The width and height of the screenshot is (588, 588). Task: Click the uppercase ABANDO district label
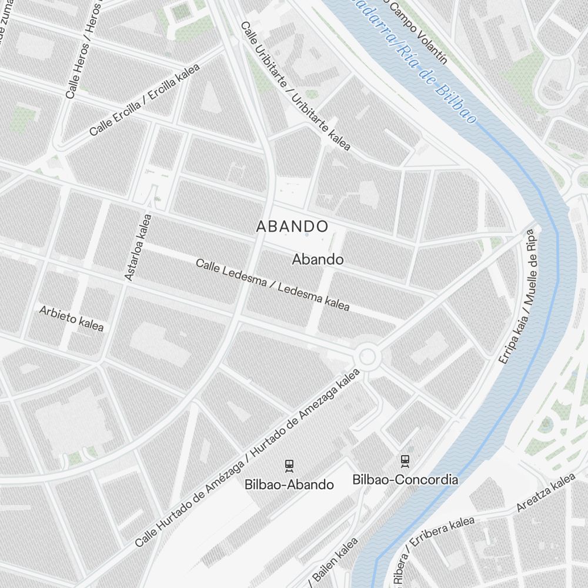[292, 226]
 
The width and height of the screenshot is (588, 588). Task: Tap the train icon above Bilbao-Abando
[289, 466]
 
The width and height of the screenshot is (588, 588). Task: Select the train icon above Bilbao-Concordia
[405, 460]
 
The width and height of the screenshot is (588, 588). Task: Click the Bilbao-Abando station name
[289, 485]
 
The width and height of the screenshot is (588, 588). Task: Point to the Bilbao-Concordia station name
[405, 479]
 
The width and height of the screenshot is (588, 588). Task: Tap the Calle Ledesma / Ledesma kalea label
[273, 285]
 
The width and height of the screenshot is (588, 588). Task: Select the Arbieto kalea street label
[71, 318]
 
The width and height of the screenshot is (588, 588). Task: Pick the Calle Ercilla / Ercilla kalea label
[145, 99]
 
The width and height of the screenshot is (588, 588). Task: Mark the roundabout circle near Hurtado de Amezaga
[367, 356]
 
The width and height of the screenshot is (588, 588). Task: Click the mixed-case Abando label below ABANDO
[318, 259]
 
